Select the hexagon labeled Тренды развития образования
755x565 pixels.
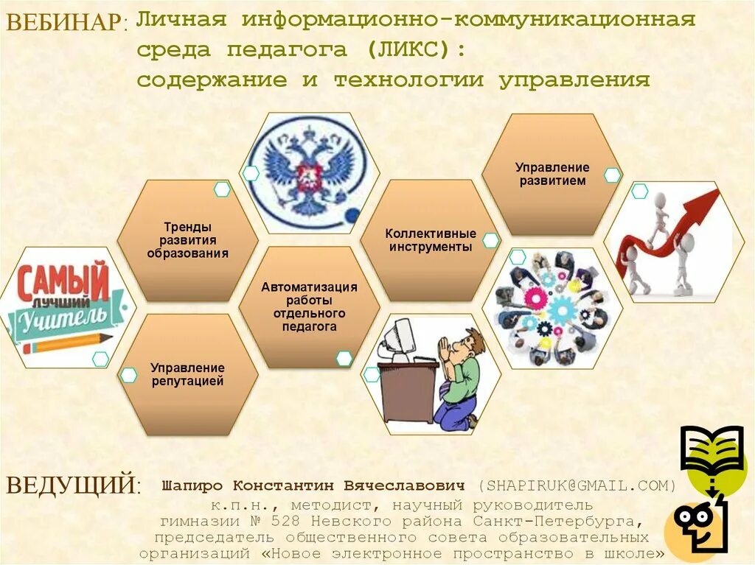(187, 240)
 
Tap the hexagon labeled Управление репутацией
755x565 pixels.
(187, 374)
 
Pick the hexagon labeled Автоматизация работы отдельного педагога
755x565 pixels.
(309, 306)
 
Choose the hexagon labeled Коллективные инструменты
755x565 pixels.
(431, 240)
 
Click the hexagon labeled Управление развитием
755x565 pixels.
(552, 175)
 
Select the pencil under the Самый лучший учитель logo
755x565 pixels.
(66, 343)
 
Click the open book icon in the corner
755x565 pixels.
(711, 449)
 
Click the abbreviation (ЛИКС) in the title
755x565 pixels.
(413, 50)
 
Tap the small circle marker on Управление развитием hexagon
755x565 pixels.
(612, 175)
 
